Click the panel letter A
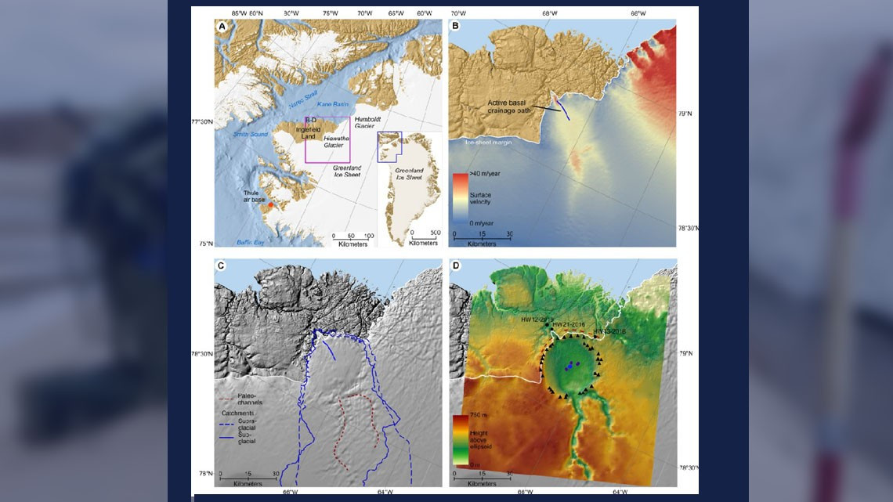click(x=222, y=25)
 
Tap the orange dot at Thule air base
click(x=270, y=205)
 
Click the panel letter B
click(x=455, y=25)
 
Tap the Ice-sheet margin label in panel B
click(x=487, y=143)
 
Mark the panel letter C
click(x=222, y=266)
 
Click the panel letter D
click(x=455, y=266)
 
